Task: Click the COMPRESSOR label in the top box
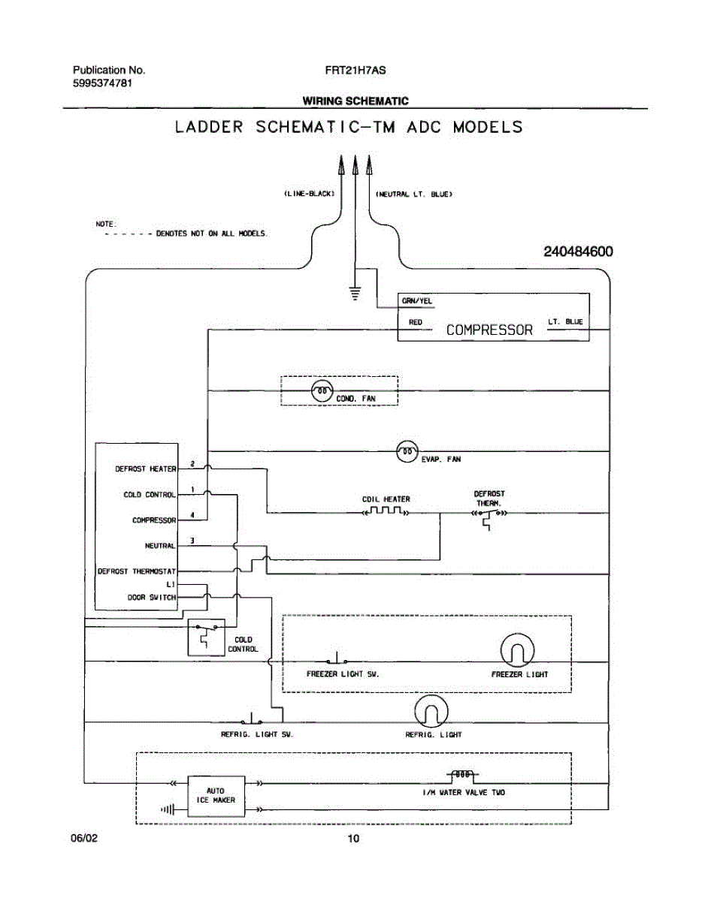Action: coord(489,330)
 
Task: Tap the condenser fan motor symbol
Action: coord(322,391)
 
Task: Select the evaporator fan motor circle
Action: coord(407,451)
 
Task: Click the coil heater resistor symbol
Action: coord(386,511)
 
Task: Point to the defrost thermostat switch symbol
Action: coord(489,518)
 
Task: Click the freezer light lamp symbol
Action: coord(517,650)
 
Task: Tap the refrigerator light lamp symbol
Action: coord(431,712)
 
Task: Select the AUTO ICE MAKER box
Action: coord(216,796)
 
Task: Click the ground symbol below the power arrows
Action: coord(355,293)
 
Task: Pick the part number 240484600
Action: coord(578,252)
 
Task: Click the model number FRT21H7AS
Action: coord(356,71)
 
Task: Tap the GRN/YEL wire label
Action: coord(416,301)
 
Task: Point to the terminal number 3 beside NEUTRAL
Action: coord(192,541)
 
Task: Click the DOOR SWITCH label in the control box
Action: coord(152,598)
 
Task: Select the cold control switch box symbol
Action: coord(206,637)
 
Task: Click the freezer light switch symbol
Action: coord(337,658)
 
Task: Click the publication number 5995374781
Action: coord(102,83)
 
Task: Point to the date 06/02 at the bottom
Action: coord(84,839)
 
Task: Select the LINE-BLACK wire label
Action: coord(309,194)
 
